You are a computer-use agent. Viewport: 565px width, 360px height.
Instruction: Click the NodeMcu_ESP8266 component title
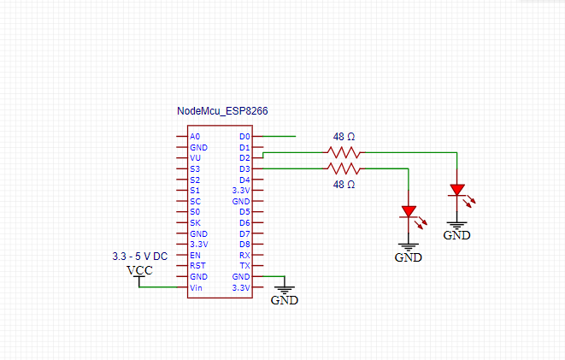click(x=216, y=111)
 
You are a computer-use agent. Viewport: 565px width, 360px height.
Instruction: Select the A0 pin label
click(x=195, y=137)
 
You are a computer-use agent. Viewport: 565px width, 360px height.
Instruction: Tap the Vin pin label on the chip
click(x=196, y=288)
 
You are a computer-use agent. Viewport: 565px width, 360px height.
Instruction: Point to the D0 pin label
click(x=244, y=137)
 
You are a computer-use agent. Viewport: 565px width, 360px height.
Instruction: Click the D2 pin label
click(x=244, y=158)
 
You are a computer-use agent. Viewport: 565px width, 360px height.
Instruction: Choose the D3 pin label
click(x=244, y=169)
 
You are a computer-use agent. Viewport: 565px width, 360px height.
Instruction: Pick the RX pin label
click(x=244, y=255)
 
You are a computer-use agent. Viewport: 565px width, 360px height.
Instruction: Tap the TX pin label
click(x=244, y=266)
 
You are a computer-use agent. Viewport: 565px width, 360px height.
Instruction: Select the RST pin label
click(x=197, y=266)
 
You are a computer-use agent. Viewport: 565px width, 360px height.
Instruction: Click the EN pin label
click(x=195, y=255)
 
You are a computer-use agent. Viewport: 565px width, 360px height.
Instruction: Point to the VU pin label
click(x=195, y=158)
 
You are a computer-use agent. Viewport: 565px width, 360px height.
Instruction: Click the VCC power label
click(x=140, y=271)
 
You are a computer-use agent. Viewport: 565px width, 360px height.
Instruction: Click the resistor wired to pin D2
click(x=344, y=153)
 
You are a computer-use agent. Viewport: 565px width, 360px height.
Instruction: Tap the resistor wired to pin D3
click(x=344, y=168)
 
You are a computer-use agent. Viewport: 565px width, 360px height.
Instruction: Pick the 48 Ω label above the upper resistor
click(x=344, y=137)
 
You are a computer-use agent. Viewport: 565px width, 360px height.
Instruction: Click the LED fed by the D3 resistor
click(x=409, y=210)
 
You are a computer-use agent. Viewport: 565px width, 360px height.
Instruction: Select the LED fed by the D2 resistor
click(x=457, y=190)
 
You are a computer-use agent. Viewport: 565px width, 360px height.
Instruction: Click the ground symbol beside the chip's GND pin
click(x=285, y=292)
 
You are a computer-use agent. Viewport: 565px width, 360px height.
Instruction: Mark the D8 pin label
click(x=244, y=245)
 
